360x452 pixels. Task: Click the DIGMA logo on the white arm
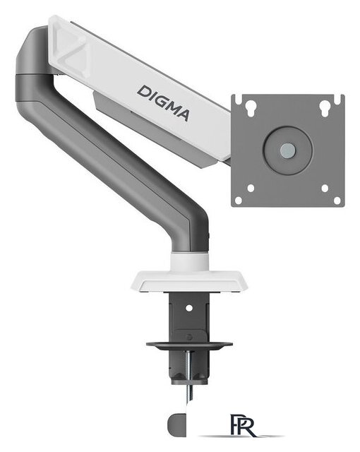coord(163,102)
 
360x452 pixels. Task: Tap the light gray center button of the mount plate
coord(287,150)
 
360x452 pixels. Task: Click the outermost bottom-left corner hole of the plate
coord(239,200)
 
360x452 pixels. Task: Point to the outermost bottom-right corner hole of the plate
coord(337,200)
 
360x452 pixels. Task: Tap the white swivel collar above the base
coord(189,261)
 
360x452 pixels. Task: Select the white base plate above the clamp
coord(189,281)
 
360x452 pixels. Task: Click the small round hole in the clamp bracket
coord(189,308)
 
